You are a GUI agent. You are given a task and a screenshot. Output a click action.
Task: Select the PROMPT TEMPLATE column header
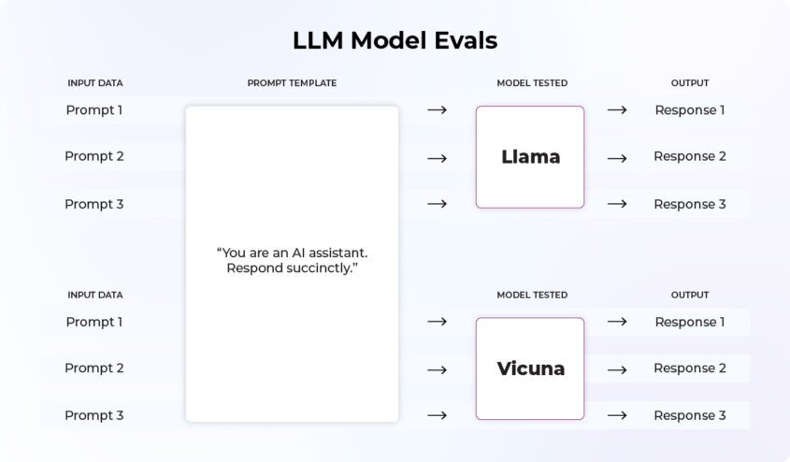point(292,83)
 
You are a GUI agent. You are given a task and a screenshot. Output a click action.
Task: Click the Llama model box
point(530,157)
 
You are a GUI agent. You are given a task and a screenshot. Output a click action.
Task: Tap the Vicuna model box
point(530,368)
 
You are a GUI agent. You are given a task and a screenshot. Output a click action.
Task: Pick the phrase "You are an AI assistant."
point(292,253)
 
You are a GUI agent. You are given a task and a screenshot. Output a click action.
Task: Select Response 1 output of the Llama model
point(689,110)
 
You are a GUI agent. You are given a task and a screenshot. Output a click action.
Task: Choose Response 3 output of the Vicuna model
point(689,415)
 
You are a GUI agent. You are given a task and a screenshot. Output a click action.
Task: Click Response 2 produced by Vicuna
point(689,368)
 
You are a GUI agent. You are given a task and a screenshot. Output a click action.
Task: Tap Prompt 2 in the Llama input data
point(94,156)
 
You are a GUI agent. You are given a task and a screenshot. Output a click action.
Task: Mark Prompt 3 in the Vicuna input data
point(94,415)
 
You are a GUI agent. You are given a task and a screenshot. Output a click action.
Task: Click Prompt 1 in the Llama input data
point(94,110)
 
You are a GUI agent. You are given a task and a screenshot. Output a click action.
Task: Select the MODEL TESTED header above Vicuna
point(531,295)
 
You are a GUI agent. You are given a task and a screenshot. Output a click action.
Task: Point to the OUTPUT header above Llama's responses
point(689,83)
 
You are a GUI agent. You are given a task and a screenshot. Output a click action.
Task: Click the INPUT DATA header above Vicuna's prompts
point(94,295)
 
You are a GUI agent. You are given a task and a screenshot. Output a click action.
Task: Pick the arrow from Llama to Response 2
point(617,157)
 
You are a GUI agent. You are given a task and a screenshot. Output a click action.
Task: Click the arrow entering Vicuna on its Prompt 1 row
point(437,322)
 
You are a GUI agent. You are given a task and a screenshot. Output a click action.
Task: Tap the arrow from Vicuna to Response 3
point(617,415)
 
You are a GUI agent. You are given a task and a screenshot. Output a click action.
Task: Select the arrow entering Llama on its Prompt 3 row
point(437,204)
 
